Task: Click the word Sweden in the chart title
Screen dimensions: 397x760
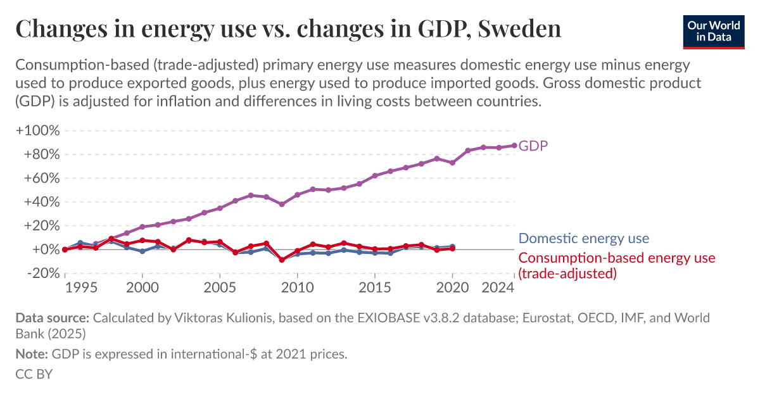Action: click(x=519, y=29)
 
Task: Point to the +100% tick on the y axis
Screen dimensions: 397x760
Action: click(x=37, y=131)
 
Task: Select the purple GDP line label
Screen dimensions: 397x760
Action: click(x=533, y=146)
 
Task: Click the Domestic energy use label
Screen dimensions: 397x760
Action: click(x=583, y=239)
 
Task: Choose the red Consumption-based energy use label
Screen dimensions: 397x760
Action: click(x=616, y=258)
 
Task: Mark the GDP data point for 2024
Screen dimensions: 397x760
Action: click(x=514, y=145)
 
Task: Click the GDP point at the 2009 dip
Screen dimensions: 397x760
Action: click(x=282, y=204)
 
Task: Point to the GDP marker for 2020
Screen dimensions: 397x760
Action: click(x=452, y=163)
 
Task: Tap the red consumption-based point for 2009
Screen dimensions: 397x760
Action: click(x=282, y=260)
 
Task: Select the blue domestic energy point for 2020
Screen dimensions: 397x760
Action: click(x=452, y=246)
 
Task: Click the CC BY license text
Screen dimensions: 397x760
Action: click(x=34, y=374)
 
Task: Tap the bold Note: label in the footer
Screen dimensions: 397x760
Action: click(x=32, y=354)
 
